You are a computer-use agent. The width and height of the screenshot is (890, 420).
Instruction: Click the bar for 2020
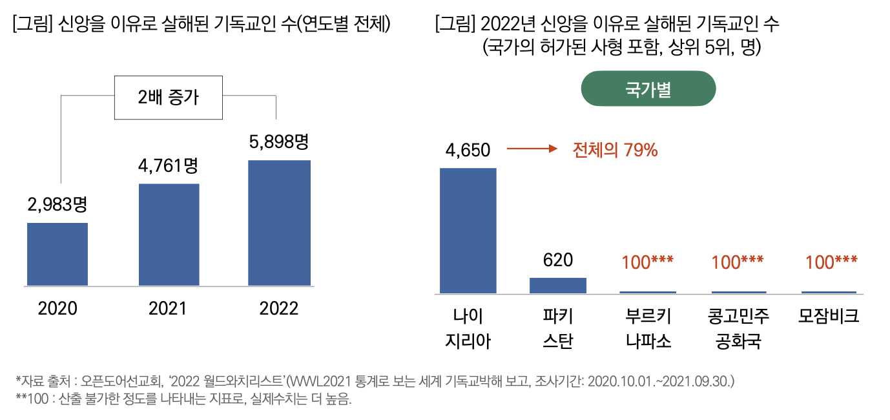(57, 254)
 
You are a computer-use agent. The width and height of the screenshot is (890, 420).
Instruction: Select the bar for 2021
(169, 235)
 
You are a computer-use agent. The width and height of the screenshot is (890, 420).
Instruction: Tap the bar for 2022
(279, 223)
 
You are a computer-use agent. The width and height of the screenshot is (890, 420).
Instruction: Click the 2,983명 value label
(57, 205)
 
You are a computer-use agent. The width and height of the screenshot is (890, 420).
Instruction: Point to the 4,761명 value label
(168, 165)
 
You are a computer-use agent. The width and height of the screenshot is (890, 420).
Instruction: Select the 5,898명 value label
(279, 142)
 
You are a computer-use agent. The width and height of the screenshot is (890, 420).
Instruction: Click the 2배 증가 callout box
(169, 98)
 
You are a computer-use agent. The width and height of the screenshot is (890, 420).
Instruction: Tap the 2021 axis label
(167, 309)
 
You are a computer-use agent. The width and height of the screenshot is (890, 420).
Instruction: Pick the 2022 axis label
(279, 309)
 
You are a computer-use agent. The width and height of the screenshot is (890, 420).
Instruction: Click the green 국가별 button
(648, 89)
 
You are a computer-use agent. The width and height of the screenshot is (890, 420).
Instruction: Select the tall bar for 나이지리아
(468, 231)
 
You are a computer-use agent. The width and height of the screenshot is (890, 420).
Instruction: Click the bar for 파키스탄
(558, 286)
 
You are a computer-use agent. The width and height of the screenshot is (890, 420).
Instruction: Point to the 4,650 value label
(468, 150)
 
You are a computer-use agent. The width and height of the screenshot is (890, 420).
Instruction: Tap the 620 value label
(558, 260)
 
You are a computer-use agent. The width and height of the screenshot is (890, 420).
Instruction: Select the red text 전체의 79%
(615, 150)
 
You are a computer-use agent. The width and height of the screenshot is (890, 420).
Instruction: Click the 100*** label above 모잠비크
(831, 262)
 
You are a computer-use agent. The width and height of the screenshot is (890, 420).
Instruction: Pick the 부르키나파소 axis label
(648, 328)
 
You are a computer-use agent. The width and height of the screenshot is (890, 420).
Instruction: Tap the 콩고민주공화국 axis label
(738, 328)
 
